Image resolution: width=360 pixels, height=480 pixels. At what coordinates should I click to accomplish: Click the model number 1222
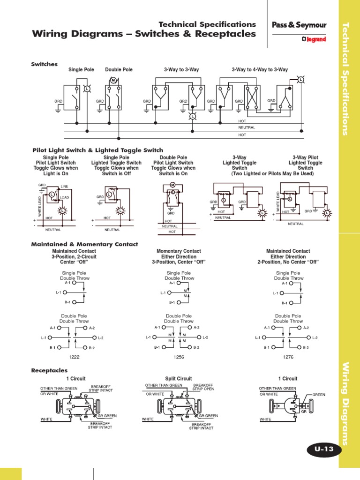[75, 357]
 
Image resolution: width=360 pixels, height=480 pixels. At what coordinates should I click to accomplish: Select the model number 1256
[179, 357]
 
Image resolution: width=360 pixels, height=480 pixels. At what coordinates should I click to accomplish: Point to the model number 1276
[288, 357]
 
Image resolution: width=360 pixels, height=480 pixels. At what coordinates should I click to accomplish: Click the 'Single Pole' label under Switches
[81, 70]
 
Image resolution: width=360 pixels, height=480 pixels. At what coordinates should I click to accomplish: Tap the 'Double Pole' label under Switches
[119, 70]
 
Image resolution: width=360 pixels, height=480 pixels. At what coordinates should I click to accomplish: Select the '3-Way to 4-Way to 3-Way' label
[260, 70]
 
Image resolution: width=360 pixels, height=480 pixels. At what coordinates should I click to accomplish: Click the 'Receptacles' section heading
[49, 370]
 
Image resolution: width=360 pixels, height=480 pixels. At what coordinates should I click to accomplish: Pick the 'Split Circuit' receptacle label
[179, 378]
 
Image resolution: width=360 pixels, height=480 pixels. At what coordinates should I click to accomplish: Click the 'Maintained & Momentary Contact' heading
[84, 244]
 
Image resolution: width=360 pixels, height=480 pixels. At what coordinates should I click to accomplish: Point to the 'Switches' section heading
[44, 64]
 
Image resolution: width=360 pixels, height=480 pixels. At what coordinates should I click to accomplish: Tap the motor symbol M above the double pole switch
[113, 81]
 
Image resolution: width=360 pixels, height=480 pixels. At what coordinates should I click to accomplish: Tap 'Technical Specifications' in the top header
[207, 24]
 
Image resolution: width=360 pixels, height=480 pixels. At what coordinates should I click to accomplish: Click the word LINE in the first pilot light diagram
[64, 187]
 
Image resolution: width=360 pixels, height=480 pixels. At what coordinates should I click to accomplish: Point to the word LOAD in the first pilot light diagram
[65, 198]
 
